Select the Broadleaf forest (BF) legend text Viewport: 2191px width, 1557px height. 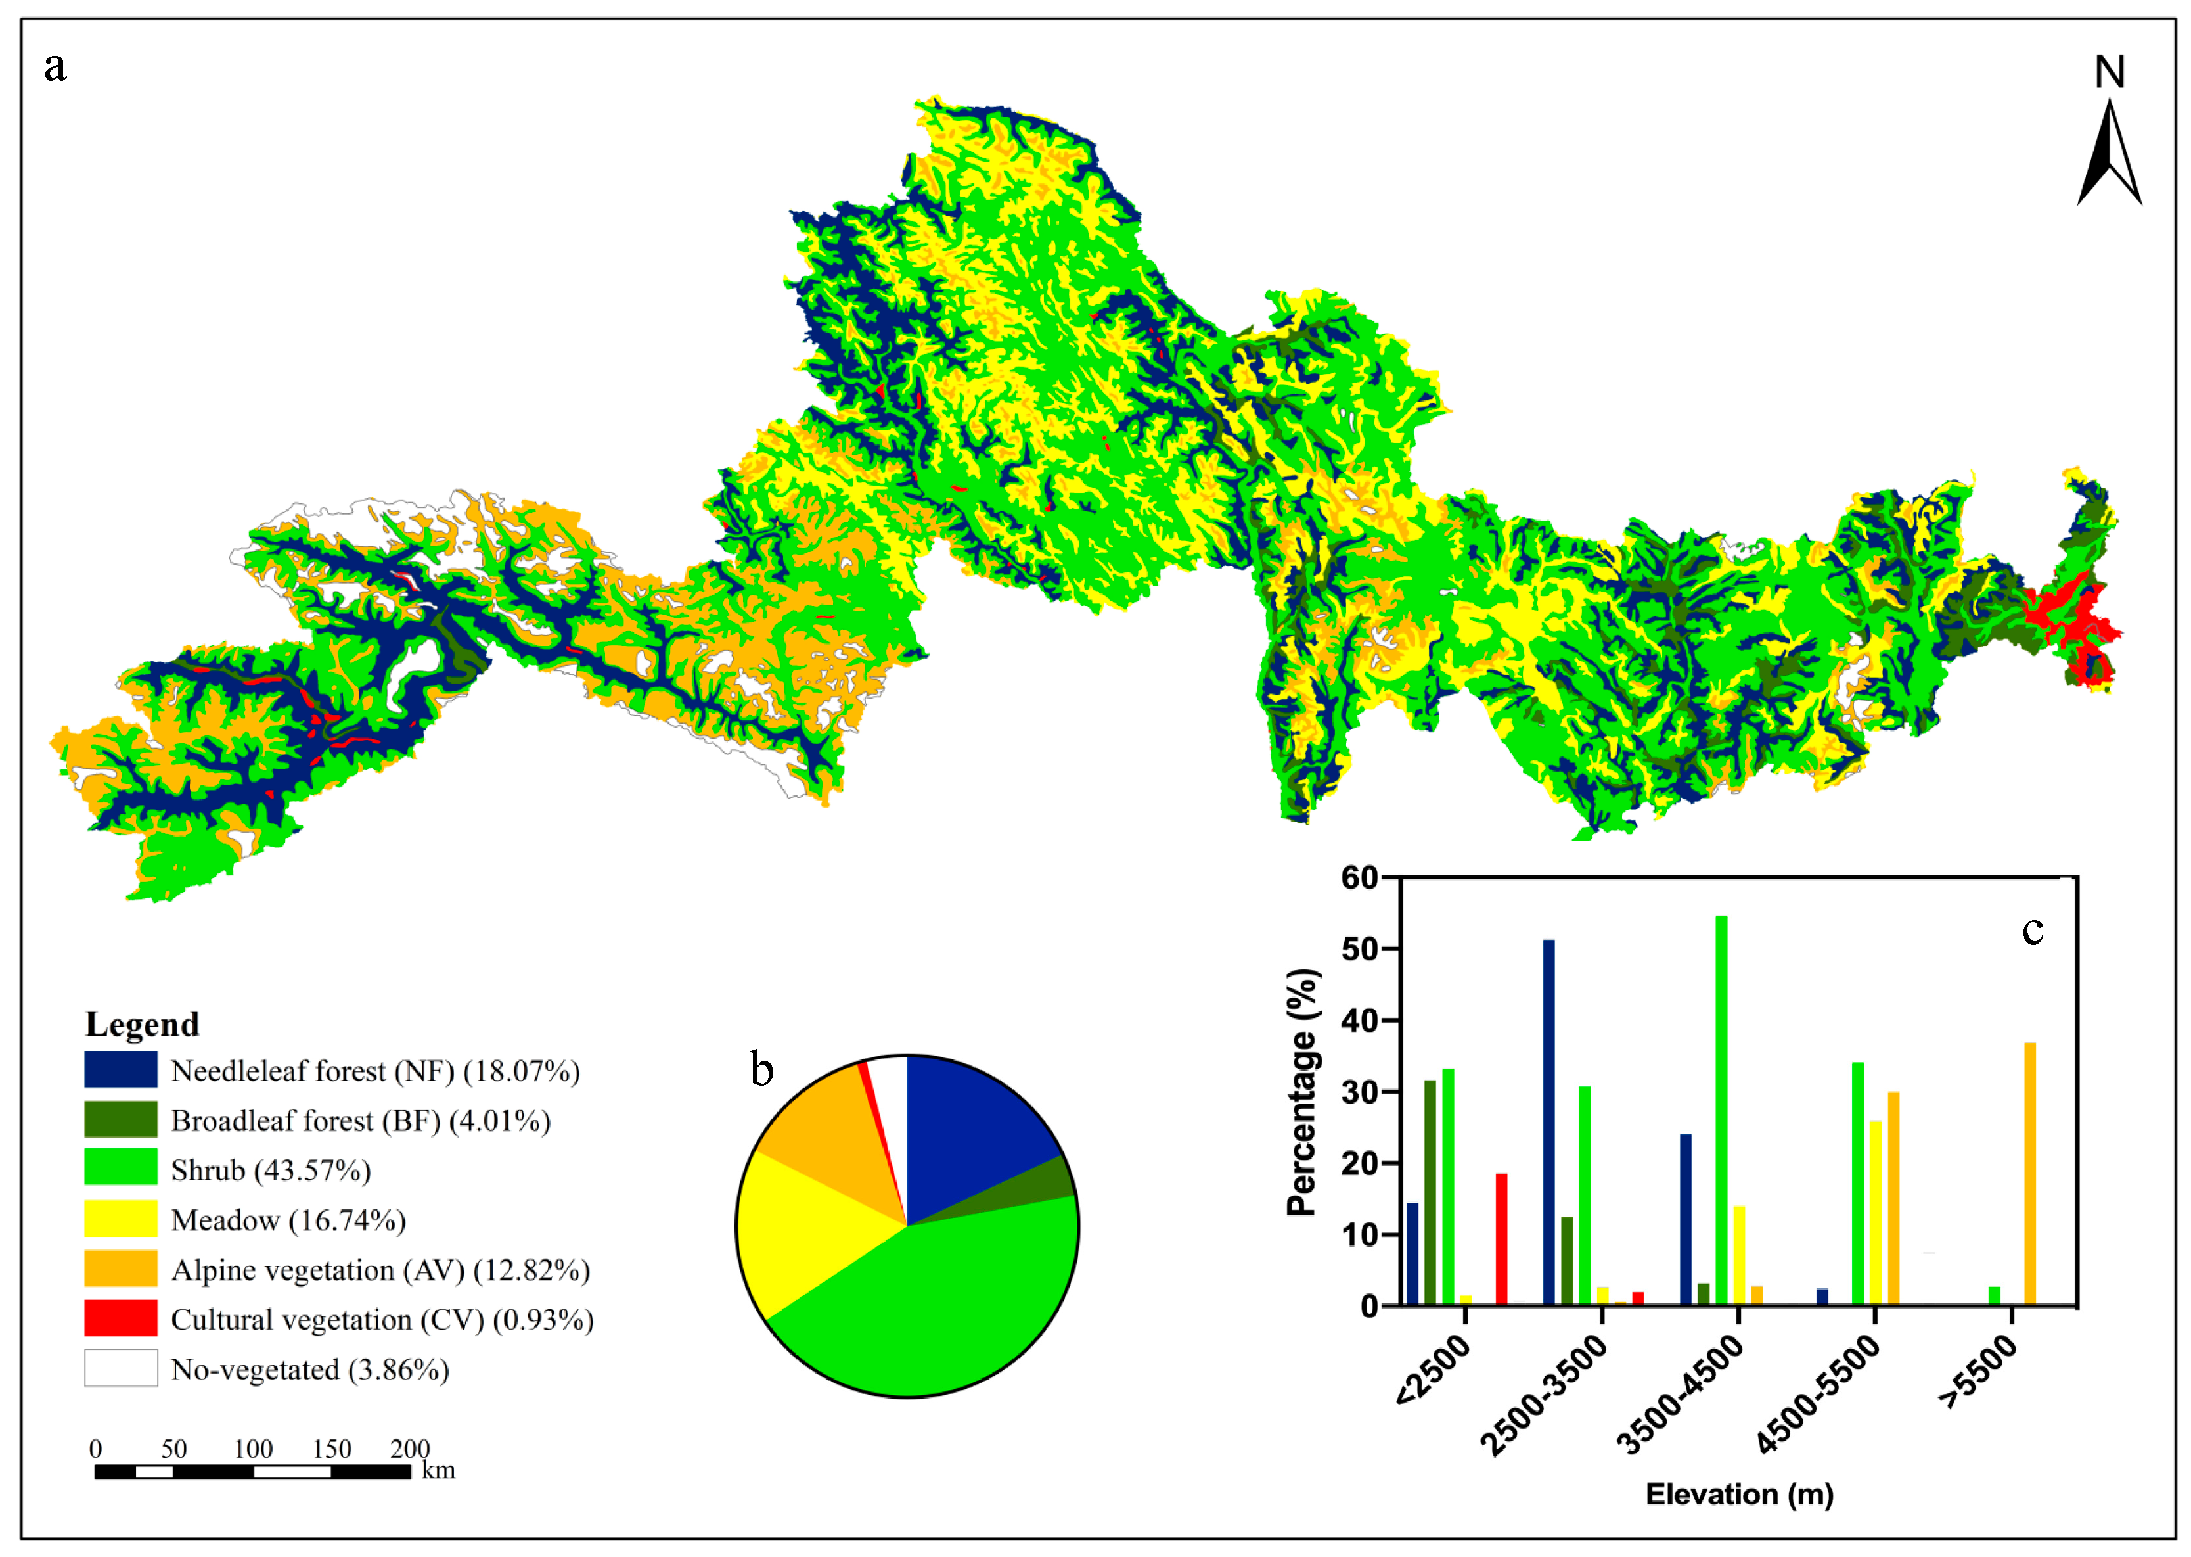(x=361, y=1121)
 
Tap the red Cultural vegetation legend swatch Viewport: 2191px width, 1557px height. (x=121, y=1318)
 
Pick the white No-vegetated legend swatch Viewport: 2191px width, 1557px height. (x=121, y=1368)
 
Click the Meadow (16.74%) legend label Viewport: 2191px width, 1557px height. (x=288, y=1220)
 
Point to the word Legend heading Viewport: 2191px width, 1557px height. (x=142, y=1024)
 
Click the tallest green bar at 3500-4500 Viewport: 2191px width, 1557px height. (x=1721, y=1112)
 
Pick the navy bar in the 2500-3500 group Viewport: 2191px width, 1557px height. (x=1549, y=1122)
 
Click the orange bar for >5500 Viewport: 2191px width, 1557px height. (x=2029, y=1174)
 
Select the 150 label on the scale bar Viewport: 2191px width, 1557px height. (x=332, y=1448)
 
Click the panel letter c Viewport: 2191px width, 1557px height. (x=2032, y=930)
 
